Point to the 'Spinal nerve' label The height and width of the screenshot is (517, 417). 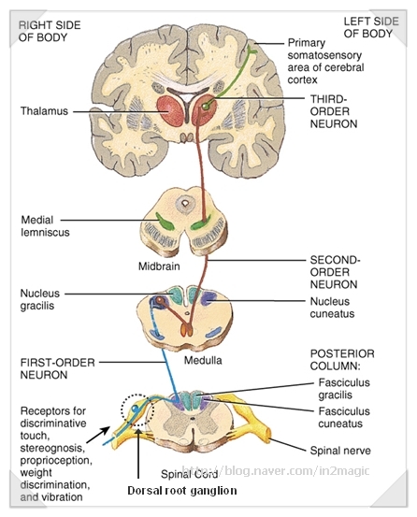tap(340, 450)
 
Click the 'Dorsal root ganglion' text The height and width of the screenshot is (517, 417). tap(181, 490)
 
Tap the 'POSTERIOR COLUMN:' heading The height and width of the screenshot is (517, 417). tap(342, 360)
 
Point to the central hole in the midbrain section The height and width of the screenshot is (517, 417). tap(186, 201)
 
